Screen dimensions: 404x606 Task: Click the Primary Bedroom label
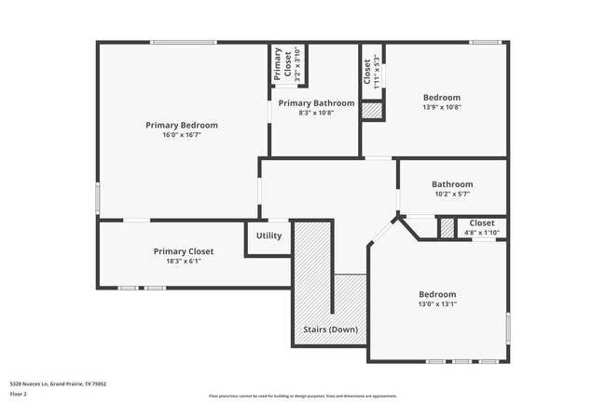click(181, 125)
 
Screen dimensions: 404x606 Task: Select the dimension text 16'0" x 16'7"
click(181, 135)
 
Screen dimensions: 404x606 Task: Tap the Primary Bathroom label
click(316, 103)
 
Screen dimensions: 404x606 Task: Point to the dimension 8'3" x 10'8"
click(316, 113)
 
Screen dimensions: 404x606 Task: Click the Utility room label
click(269, 236)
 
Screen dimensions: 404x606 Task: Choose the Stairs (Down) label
click(330, 330)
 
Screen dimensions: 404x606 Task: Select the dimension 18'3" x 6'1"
click(184, 261)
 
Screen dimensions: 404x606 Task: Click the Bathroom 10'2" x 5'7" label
click(451, 184)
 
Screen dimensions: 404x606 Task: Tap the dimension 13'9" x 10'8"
click(442, 107)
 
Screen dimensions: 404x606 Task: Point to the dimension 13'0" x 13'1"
click(436, 303)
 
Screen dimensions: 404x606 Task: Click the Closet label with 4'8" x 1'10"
click(482, 222)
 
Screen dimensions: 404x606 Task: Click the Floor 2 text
click(20, 394)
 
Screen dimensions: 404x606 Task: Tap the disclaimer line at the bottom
click(302, 396)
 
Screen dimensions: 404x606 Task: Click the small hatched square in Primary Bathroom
click(372, 110)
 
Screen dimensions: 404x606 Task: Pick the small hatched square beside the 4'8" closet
click(448, 227)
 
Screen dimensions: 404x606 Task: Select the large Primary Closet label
click(184, 251)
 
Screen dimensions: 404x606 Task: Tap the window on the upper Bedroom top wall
click(485, 42)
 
